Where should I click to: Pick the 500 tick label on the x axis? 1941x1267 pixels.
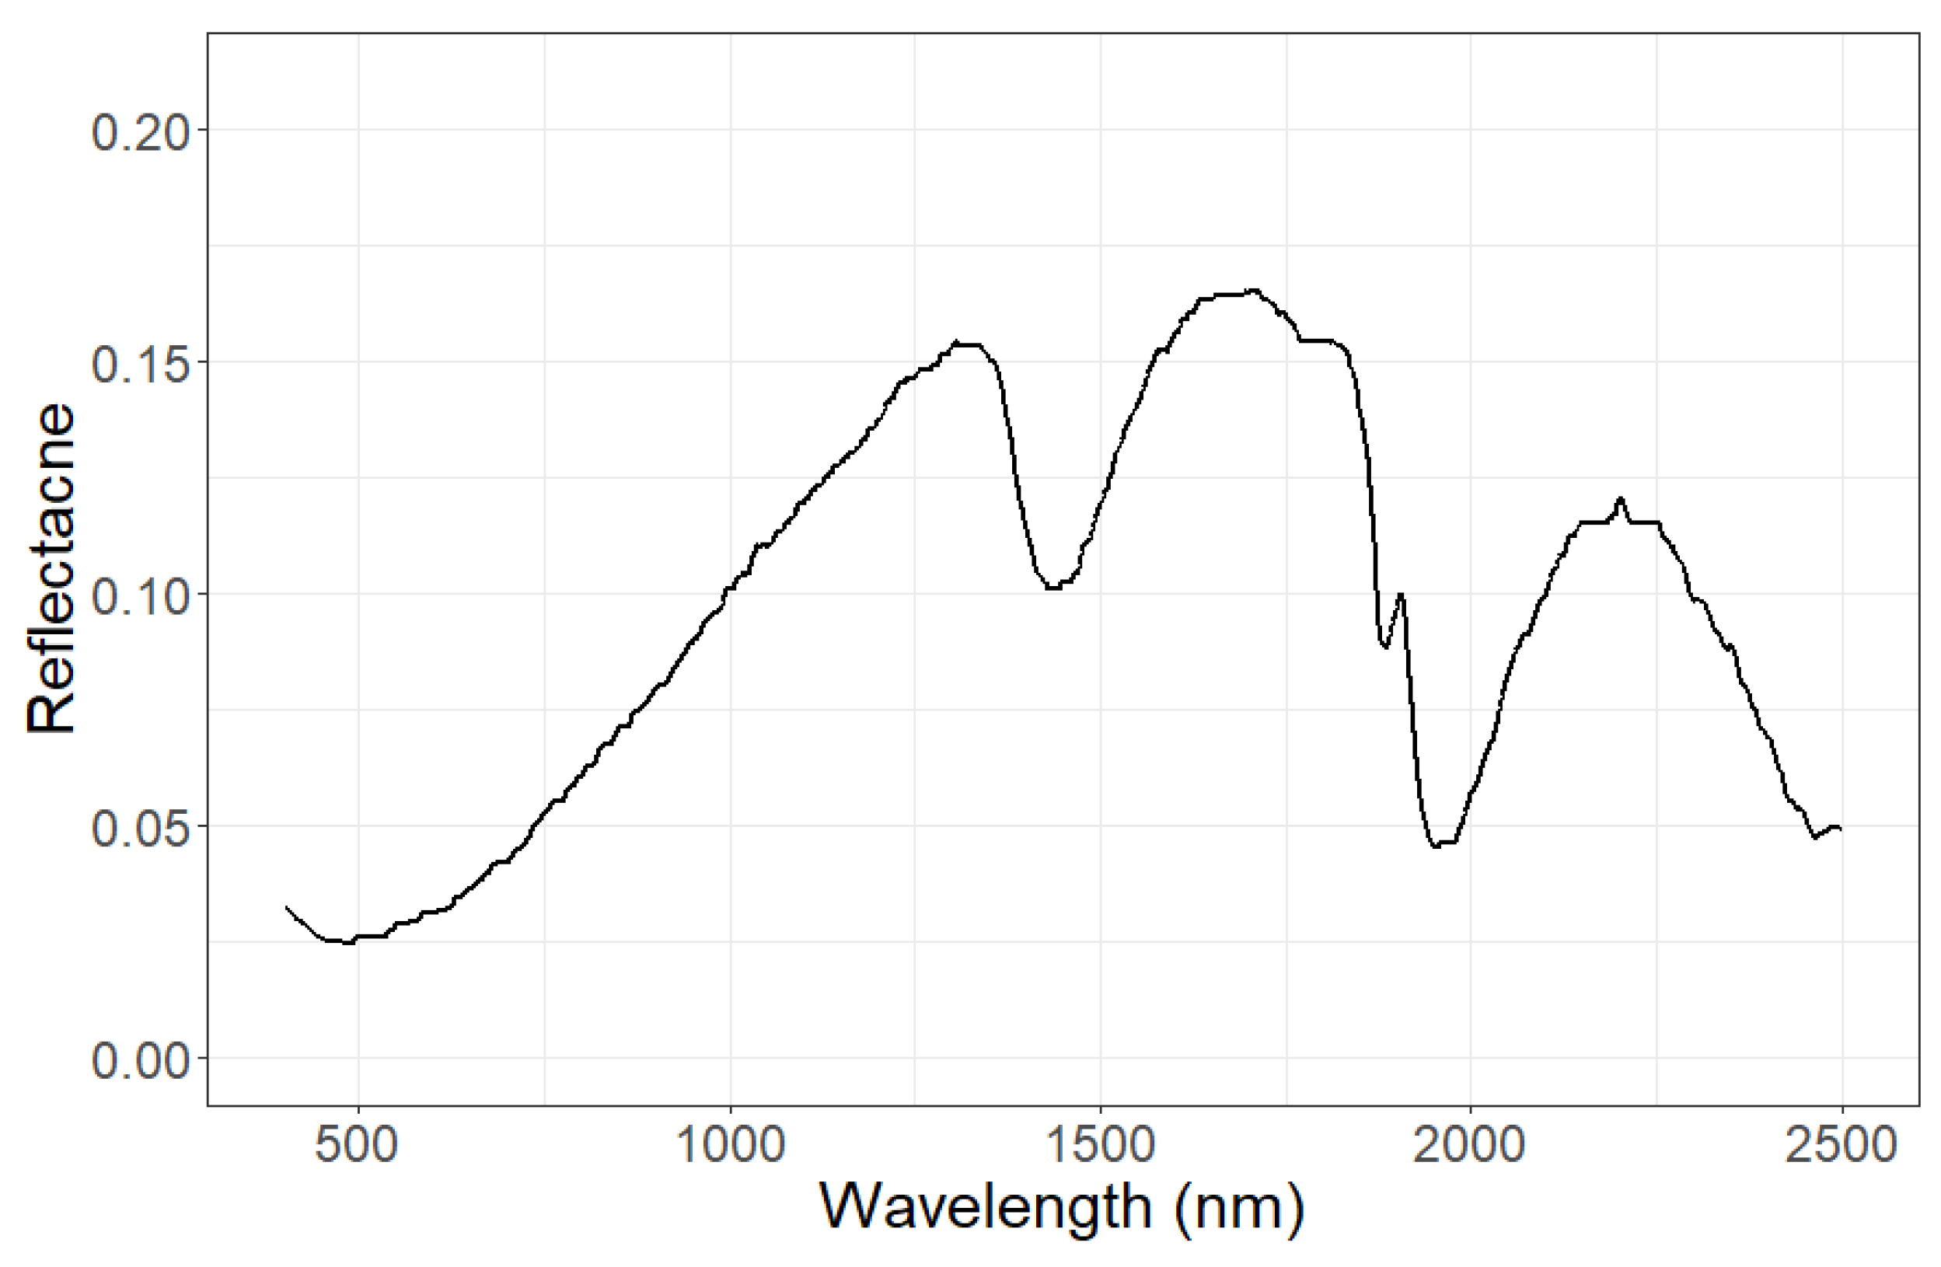pyautogui.click(x=358, y=1146)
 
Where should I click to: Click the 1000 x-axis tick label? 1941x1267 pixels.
pyautogui.click(x=730, y=1146)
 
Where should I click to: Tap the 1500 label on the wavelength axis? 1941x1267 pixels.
pyautogui.click(x=1100, y=1146)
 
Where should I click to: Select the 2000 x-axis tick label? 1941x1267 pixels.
pyautogui.click(x=1471, y=1146)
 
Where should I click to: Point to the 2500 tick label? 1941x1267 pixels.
pyautogui.click(x=1841, y=1146)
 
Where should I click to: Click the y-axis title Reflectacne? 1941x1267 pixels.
pyautogui.click(x=51, y=568)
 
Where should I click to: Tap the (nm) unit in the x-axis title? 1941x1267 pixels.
pyautogui.click(x=1240, y=1209)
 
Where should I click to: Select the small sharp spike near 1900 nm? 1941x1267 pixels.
pyautogui.click(x=1400, y=595)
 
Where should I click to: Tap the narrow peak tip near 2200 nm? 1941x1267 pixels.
pyautogui.click(x=1621, y=498)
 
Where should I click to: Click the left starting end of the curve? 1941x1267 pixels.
pyautogui.click(x=286, y=906)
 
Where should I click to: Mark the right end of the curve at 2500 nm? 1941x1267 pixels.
pyautogui.click(x=1841, y=830)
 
